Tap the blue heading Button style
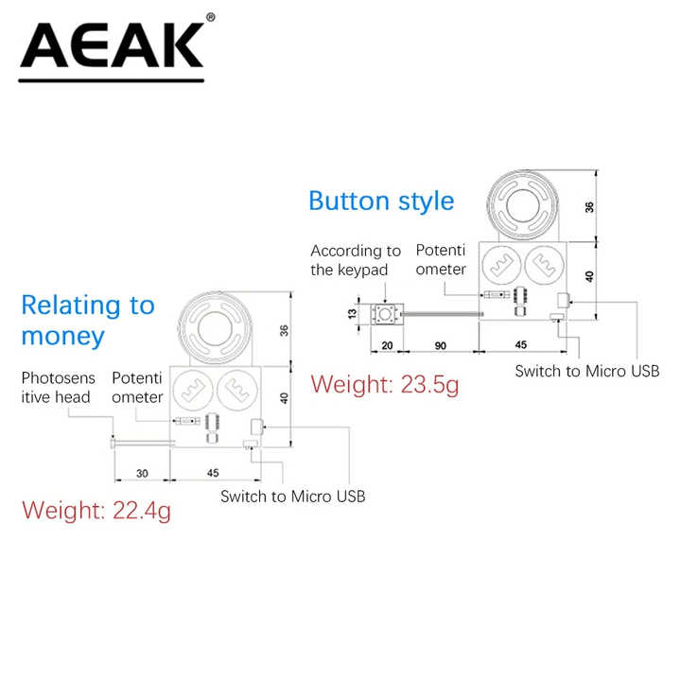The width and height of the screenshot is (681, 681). [381, 201]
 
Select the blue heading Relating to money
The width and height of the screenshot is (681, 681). [88, 321]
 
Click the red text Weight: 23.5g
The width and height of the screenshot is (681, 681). [385, 385]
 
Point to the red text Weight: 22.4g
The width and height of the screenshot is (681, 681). [96, 511]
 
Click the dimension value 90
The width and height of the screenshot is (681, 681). [441, 346]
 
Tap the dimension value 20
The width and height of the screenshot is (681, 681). [387, 346]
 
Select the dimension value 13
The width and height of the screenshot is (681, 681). [352, 314]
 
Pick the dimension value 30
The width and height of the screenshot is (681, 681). [142, 474]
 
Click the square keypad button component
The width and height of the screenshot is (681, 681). [385, 314]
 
